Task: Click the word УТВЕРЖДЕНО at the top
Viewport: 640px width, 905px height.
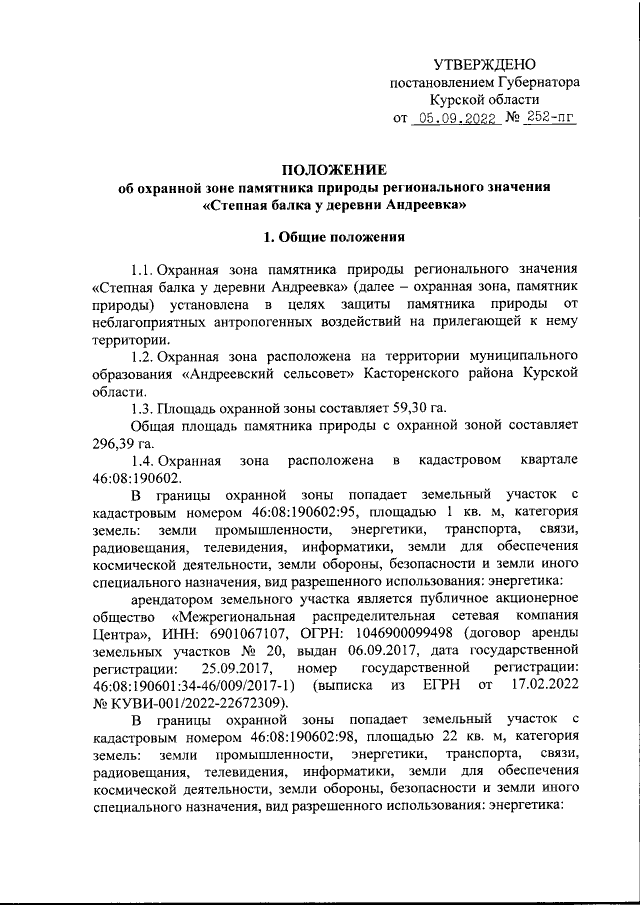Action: point(490,62)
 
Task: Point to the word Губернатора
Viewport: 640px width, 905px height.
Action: point(535,81)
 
